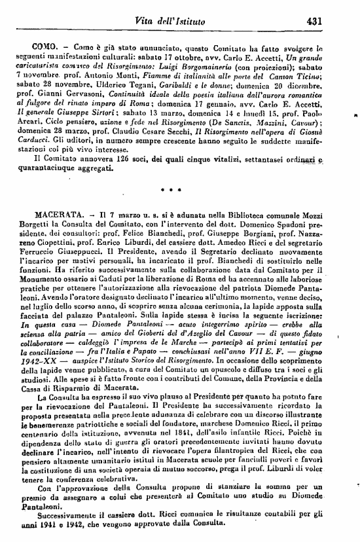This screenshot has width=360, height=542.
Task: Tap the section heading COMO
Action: click(x=45, y=48)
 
